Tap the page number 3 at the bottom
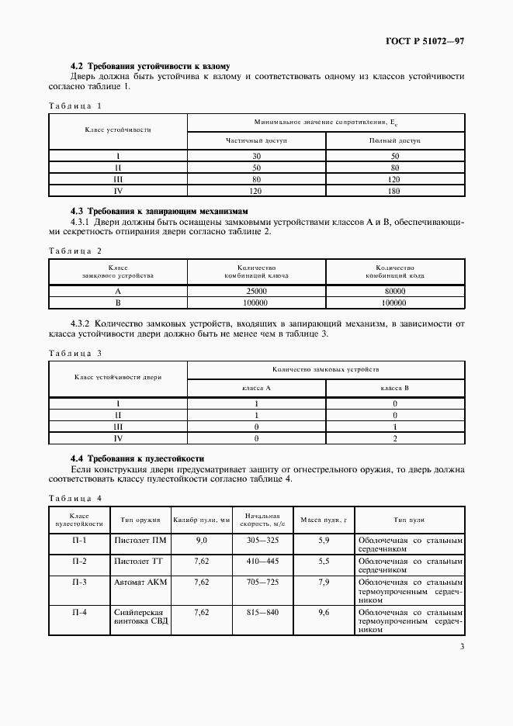pyautogui.click(x=463, y=647)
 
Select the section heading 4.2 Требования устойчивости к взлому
pyautogui.click(x=150, y=66)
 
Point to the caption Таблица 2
pyautogui.click(x=75, y=251)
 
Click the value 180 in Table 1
pyautogui.click(x=395, y=189)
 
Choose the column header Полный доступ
pyautogui.click(x=395, y=141)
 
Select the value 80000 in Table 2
pyautogui.click(x=395, y=291)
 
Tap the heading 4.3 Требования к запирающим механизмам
pyautogui.click(x=161, y=211)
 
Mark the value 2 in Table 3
pyautogui.click(x=395, y=438)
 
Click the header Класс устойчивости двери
pyautogui.click(x=118, y=377)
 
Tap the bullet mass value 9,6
pyautogui.click(x=324, y=611)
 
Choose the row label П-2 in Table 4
pyautogui.click(x=79, y=560)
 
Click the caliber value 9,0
pyautogui.click(x=202, y=540)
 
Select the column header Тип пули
pyautogui.click(x=409, y=520)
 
